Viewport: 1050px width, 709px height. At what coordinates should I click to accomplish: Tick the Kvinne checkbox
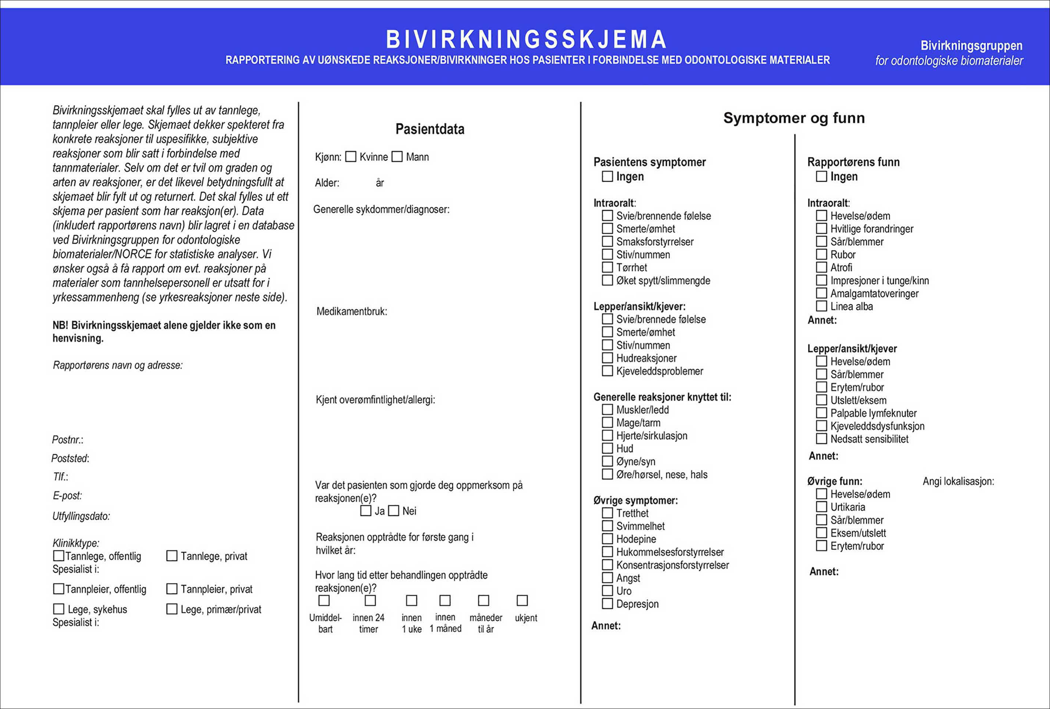[351, 157]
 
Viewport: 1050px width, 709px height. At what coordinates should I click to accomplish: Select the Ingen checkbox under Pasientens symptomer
[607, 176]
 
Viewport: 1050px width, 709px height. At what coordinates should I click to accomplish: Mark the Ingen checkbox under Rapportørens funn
[821, 176]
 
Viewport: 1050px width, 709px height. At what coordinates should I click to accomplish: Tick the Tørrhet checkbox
[607, 267]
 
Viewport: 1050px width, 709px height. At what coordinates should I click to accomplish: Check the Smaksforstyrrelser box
[607, 242]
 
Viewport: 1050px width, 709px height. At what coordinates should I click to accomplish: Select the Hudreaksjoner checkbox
[607, 358]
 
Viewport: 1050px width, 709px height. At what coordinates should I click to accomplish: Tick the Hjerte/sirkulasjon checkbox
[607, 436]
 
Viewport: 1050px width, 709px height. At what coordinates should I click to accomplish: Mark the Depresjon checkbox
[607, 604]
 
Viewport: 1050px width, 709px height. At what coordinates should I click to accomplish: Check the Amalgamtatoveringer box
[821, 293]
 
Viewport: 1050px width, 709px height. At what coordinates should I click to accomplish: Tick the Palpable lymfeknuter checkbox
[821, 413]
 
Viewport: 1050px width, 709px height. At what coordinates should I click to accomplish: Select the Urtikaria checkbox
[821, 507]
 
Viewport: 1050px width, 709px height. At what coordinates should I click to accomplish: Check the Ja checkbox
[366, 511]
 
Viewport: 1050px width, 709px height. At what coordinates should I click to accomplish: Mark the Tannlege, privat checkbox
[172, 556]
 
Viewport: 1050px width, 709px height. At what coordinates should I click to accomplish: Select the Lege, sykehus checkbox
[59, 609]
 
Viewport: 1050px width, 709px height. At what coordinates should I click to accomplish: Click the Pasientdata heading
[430, 129]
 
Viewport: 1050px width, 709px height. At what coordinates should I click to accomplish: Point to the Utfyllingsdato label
[81, 516]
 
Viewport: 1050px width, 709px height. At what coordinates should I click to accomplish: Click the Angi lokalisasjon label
[958, 481]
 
